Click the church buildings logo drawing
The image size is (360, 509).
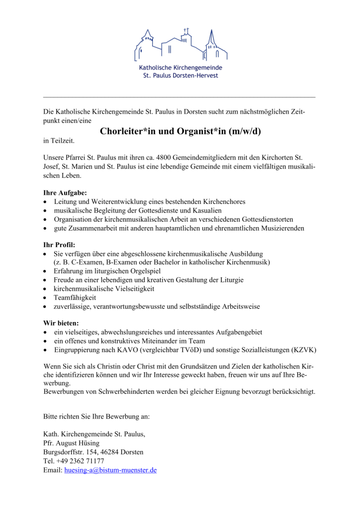(x=180, y=44)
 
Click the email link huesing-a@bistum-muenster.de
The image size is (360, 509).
(x=110, y=469)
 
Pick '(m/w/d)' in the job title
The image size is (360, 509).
(x=245, y=131)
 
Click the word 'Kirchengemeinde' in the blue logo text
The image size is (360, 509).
(x=198, y=67)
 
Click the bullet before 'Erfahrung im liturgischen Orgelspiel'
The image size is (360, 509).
(x=46, y=271)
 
